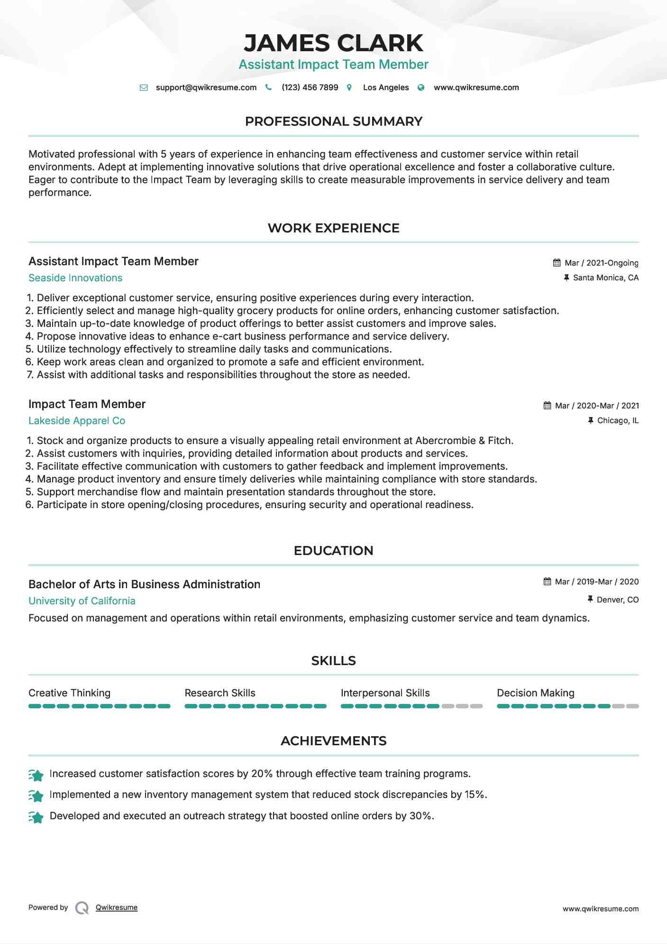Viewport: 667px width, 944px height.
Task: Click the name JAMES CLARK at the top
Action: pos(333,43)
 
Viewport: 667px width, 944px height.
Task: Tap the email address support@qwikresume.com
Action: pos(206,87)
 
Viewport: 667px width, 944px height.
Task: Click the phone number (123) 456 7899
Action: pos(310,87)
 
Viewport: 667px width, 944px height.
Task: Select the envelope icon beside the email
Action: pos(144,87)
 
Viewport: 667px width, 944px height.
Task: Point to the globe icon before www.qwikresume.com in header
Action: pos(420,87)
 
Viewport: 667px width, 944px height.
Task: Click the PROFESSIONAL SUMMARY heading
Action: pos(333,121)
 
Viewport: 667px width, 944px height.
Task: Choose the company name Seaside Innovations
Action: pos(75,278)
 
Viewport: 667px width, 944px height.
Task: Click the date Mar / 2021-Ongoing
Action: pos(601,263)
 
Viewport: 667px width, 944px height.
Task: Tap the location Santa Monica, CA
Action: pos(605,278)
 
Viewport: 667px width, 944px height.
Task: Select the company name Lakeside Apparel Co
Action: pos(77,421)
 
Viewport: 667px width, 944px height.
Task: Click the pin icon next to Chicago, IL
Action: pos(590,420)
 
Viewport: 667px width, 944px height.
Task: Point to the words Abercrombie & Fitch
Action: pos(464,441)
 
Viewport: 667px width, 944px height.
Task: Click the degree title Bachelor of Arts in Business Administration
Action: pos(144,584)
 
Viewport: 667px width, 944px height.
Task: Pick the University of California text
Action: pos(82,601)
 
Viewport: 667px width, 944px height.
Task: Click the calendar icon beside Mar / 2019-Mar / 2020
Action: pos(547,582)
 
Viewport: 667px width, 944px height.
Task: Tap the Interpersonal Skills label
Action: pos(385,693)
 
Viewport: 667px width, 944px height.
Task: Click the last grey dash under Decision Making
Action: pos(632,706)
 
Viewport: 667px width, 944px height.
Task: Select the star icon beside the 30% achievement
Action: pos(36,817)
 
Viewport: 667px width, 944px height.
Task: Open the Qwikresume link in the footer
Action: pos(117,907)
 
